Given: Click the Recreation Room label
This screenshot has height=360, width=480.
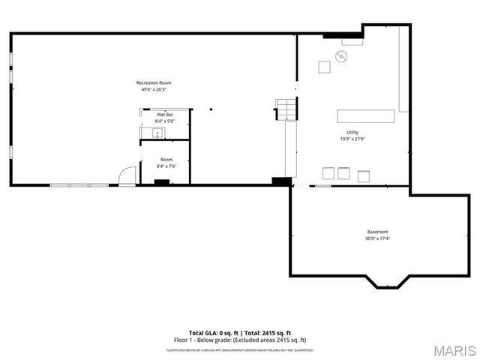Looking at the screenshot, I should click(x=153, y=82).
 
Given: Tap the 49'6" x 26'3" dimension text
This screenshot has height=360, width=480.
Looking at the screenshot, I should click(x=153, y=89).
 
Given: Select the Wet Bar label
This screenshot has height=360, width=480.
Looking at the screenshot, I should click(x=165, y=114).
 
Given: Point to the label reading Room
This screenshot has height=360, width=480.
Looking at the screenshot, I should click(x=166, y=159).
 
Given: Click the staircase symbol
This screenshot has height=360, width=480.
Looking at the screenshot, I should click(x=286, y=109).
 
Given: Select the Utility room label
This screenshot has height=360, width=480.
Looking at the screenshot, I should click(x=352, y=131).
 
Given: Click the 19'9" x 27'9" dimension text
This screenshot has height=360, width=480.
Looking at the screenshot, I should click(x=352, y=138).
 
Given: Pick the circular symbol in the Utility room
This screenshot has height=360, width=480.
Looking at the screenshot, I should click(x=342, y=56).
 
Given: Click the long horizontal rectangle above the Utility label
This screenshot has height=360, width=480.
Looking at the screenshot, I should click(x=366, y=115).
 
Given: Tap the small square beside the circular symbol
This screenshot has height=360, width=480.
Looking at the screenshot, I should click(x=324, y=67).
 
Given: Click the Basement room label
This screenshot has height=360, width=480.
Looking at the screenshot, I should click(x=377, y=232).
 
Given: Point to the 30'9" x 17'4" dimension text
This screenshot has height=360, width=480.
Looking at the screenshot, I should click(x=377, y=238).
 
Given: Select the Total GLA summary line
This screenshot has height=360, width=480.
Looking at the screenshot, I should click(x=240, y=332).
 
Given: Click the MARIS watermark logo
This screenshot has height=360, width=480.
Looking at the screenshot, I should click(x=454, y=350).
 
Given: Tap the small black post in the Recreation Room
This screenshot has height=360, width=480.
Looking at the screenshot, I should click(x=211, y=109).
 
